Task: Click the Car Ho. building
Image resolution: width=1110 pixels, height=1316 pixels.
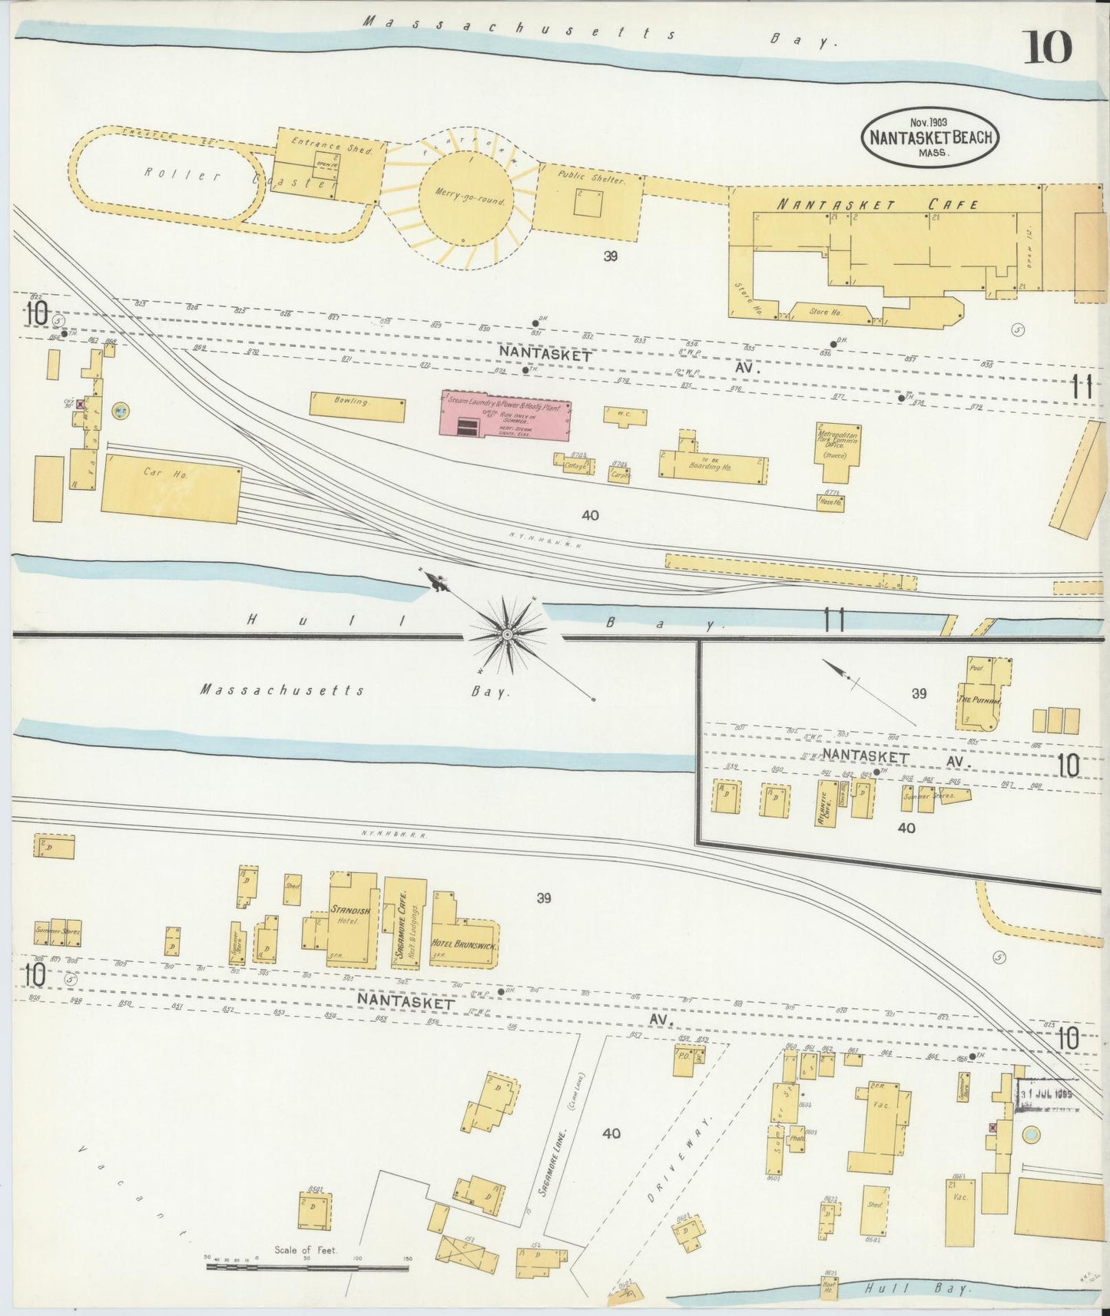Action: (171, 492)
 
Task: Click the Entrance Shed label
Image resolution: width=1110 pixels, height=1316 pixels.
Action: (332, 144)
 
